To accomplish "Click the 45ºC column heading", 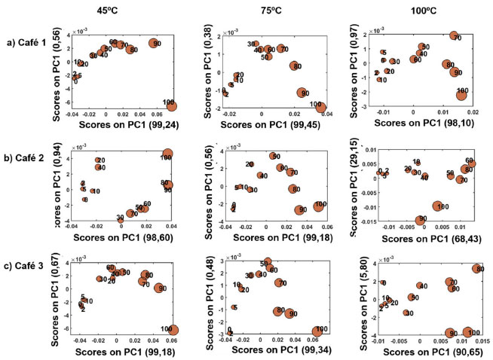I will coord(106,11).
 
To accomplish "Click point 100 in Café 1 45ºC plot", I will coord(170,105).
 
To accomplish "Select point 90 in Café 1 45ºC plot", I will coord(155,44).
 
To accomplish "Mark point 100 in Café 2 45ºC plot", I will coord(167,155).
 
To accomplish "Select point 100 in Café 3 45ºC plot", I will coord(172,330).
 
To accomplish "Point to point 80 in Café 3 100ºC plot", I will coord(477,269).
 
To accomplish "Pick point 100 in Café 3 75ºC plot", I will coord(319,331).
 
